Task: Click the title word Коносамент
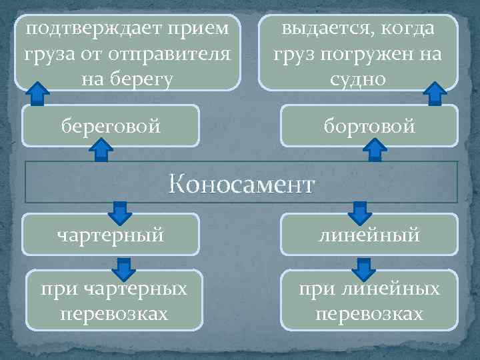(x=241, y=183)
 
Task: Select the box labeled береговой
(x=111, y=125)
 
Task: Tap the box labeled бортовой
(x=369, y=125)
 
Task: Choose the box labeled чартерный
(x=111, y=233)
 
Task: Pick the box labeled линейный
(x=369, y=233)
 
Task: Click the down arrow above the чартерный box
(x=120, y=212)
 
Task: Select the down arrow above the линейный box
(x=360, y=212)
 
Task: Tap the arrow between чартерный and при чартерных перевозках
(x=123, y=269)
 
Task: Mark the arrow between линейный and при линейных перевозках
(x=363, y=269)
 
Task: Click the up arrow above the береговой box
(x=38, y=93)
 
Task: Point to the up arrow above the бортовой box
(x=435, y=93)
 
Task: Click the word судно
(x=358, y=79)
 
